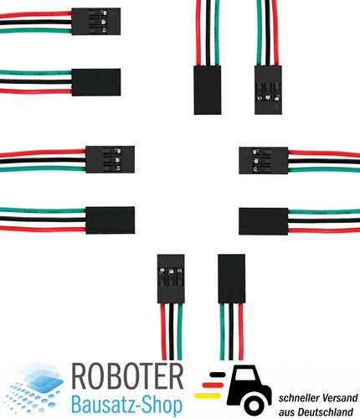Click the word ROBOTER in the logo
[x=127, y=376]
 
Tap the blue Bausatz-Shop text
[x=127, y=404]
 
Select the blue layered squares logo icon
[x=34, y=388]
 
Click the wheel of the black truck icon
[x=254, y=405]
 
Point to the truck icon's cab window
[x=244, y=375]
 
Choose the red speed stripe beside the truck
[x=213, y=385]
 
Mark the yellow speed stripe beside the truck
[x=208, y=396]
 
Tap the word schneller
[x=297, y=398]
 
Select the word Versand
[x=338, y=398]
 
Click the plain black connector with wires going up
[x=208, y=90]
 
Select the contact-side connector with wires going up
[x=268, y=90]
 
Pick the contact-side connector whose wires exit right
[x=264, y=160]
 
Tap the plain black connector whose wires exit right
[x=264, y=221]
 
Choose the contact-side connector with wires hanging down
[x=171, y=278]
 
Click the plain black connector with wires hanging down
[x=232, y=278]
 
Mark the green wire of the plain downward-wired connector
[x=223, y=332]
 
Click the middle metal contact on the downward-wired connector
[x=171, y=271]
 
